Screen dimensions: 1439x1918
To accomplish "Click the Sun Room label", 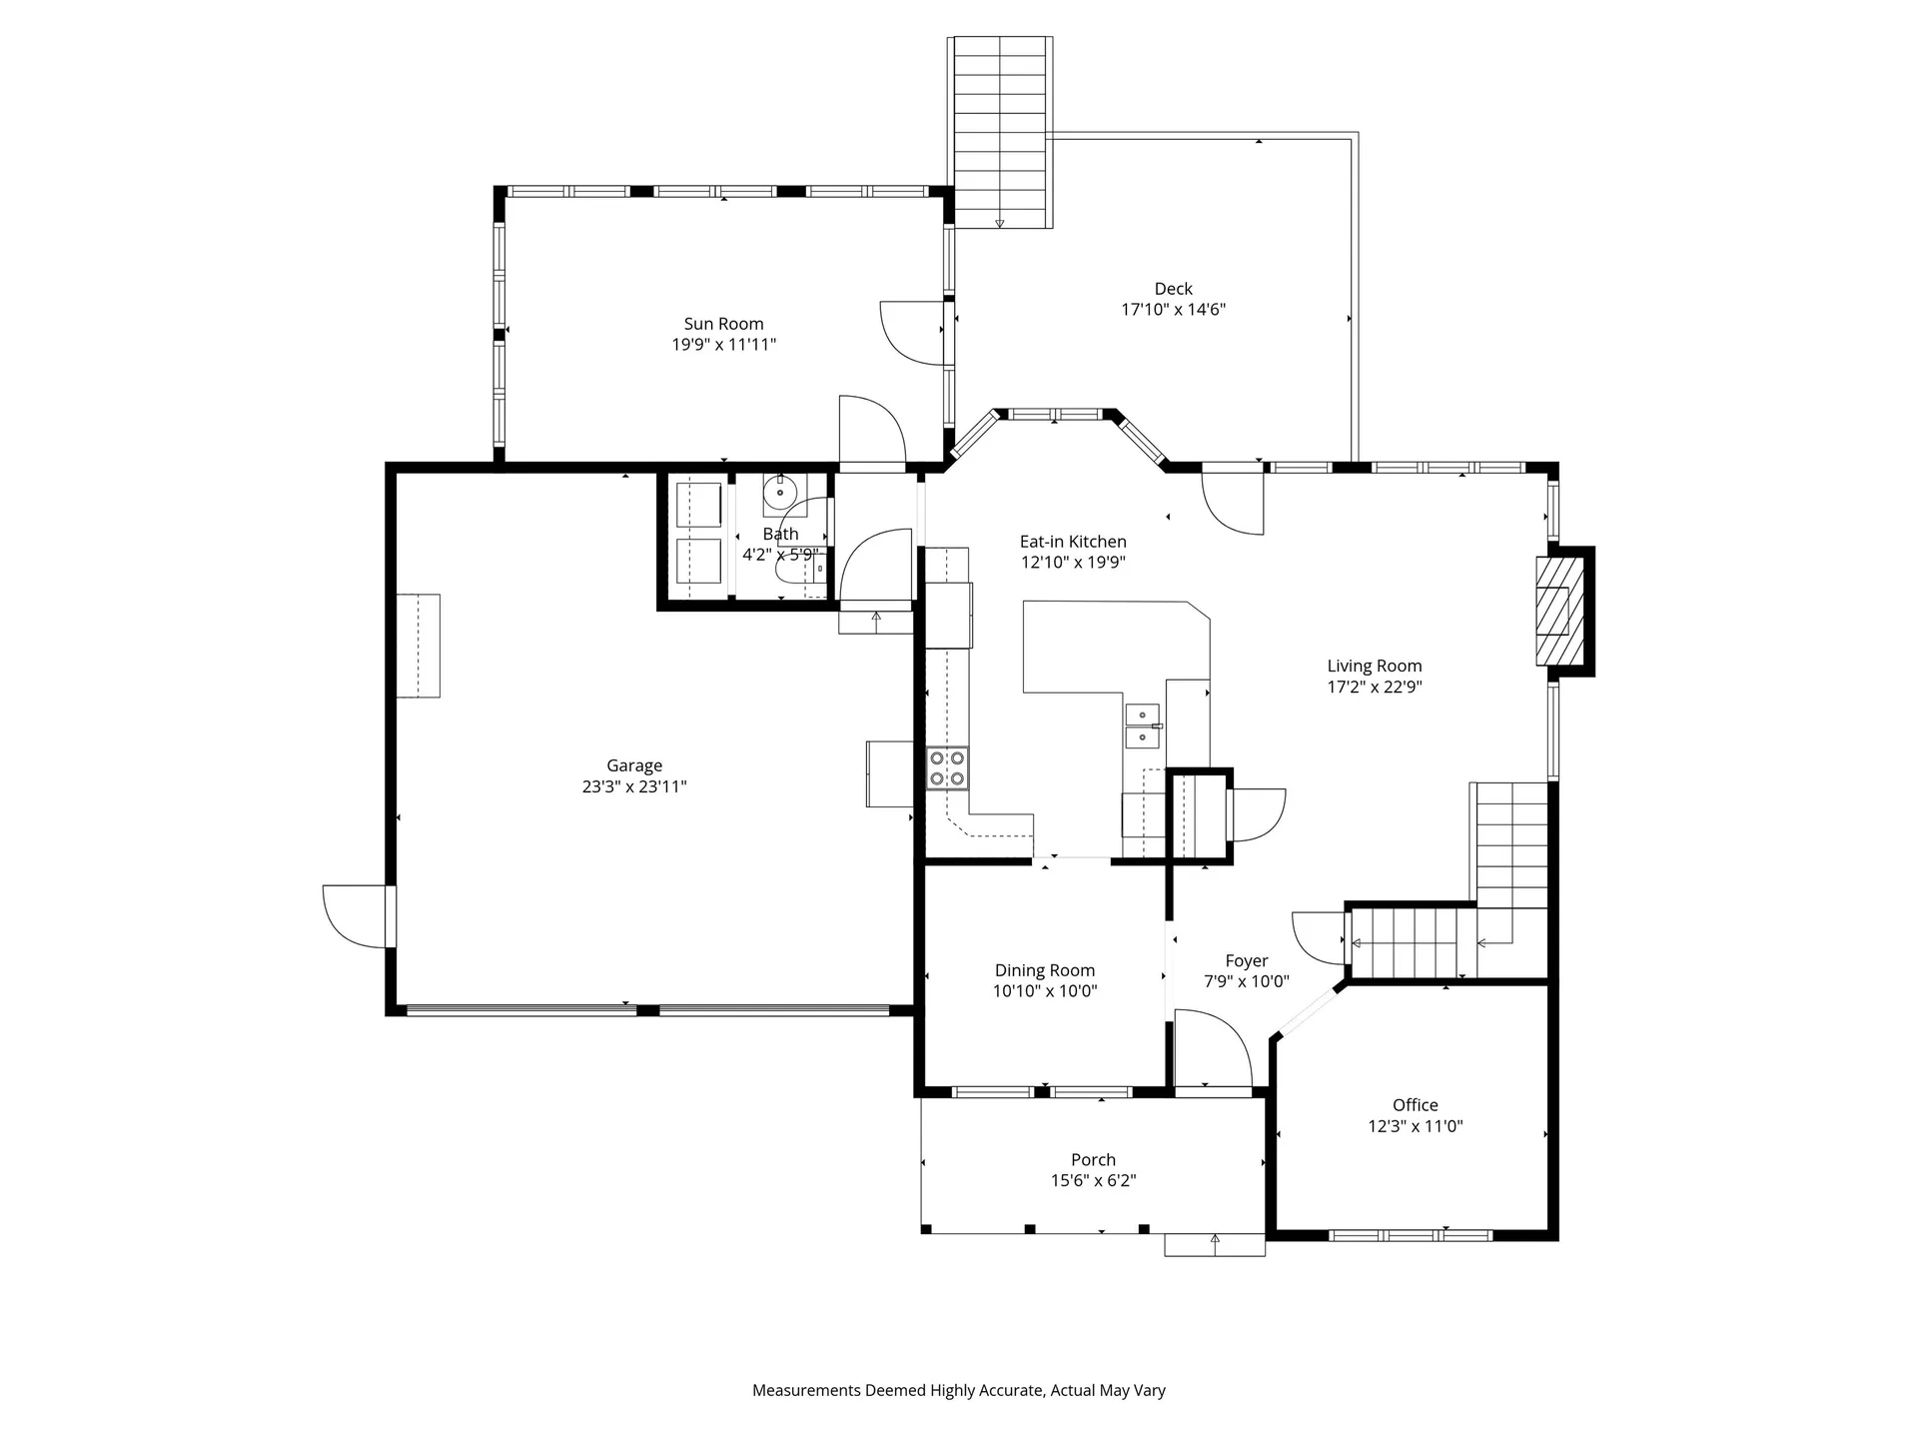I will (x=723, y=324).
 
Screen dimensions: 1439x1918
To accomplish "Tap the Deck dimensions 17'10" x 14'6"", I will (x=1173, y=310).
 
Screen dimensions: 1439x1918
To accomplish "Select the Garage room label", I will (x=634, y=766).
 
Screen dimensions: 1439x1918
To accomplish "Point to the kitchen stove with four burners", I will (x=947, y=767).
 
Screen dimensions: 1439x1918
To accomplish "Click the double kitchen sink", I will (x=1143, y=725).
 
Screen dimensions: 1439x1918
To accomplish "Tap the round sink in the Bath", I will (x=779, y=493).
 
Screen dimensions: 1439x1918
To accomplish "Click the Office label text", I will (x=1415, y=1105).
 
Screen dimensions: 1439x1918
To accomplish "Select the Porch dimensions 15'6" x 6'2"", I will (x=1093, y=1181).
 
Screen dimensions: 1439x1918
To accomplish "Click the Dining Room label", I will (x=1045, y=970).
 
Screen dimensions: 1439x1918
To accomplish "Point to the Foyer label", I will (x=1247, y=961).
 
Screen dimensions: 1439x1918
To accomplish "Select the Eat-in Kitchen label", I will (x=1073, y=542).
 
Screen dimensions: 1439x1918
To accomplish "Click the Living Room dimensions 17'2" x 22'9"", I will (x=1375, y=688).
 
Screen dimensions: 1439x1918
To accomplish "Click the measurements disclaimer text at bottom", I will (x=959, y=1390).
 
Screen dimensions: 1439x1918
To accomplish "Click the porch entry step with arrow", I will (x=1215, y=1245).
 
